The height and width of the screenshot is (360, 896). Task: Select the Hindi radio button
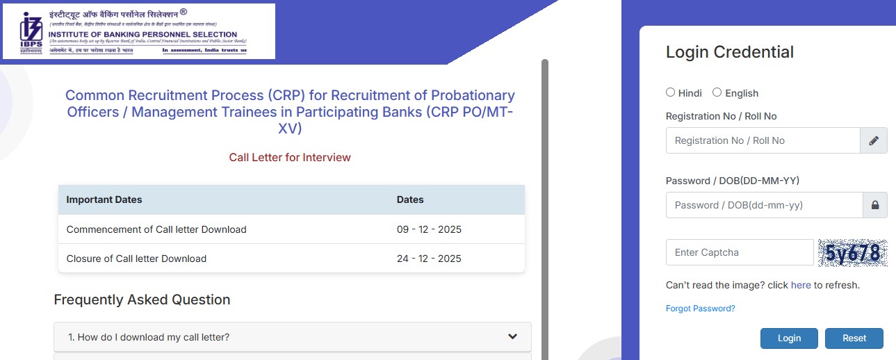pyautogui.click(x=671, y=92)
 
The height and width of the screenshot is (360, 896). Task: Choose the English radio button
pyautogui.click(x=717, y=92)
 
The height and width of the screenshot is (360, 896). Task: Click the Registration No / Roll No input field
pyautogui.click(x=763, y=140)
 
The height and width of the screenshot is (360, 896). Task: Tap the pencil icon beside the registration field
pyautogui.click(x=874, y=140)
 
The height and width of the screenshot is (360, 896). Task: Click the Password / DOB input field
pyautogui.click(x=764, y=205)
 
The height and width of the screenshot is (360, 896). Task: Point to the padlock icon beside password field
pyautogui.click(x=875, y=205)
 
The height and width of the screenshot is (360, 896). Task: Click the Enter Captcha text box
pyautogui.click(x=740, y=252)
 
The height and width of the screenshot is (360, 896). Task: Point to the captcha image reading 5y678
pyautogui.click(x=853, y=253)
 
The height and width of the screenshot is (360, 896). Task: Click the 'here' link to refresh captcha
pyautogui.click(x=801, y=285)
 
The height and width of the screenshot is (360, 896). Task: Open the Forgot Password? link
pyautogui.click(x=700, y=309)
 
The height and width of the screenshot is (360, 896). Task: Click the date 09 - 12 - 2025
pyautogui.click(x=429, y=229)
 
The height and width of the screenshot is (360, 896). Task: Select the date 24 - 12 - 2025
pyautogui.click(x=429, y=259)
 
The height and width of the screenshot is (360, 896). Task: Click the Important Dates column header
pyautogui.click(x=104, y=199)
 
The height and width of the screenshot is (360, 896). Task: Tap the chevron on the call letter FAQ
pyautogui.click(x=512, y=337)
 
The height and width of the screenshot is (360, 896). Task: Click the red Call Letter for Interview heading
pyautogui.click(x=290, y=158)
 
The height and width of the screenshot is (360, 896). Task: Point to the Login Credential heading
pyautogui.click(x=729, y=52)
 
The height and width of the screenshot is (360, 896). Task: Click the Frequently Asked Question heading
pyautogui.click(x=142, y=300)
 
